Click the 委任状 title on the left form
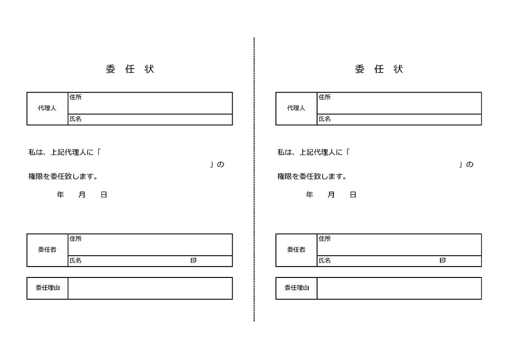click(130, 69)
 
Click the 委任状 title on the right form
click(379, 69)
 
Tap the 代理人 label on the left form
click(47, 108)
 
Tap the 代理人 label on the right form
click(296, 108)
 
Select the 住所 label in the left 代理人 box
click(76, 97)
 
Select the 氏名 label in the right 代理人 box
click(325, 119)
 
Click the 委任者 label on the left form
click(47, 250)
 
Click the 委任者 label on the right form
click(296, 250)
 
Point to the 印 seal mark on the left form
click(193, 261)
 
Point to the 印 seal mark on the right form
click(442, 261)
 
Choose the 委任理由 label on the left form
click(47, 287)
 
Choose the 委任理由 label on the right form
click(297, 287)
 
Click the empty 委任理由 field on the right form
click(399, 288)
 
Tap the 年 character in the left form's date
click(60, 195)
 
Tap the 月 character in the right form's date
click(331, 195)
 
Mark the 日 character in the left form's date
click(104, 195)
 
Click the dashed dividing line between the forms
click(254, 180)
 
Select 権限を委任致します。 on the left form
click(63, 177)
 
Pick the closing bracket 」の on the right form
click(466, 165)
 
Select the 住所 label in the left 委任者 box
click(76, 239)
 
